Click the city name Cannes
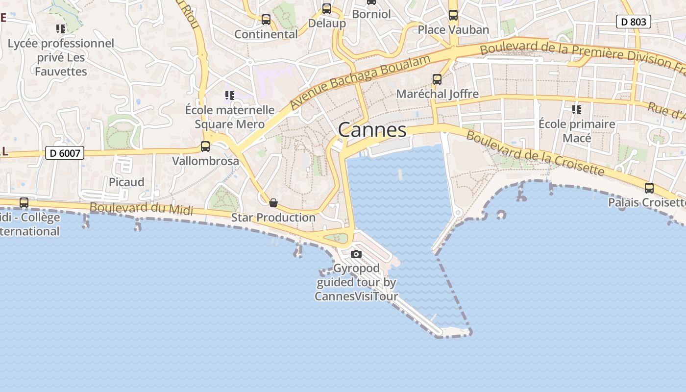tap(372, 130)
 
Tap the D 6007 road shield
tap(65, 153)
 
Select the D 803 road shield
tap(634, 22)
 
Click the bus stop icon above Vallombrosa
tap(205, 146)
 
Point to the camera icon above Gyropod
tap(356, 254)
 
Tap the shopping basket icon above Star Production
tap(273, 202)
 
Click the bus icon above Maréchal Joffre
tap(437, 79)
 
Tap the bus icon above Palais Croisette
tap(649, 188)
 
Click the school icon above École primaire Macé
tap(577, 109)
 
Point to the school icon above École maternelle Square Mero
tap(230, 95)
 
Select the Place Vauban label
tap(453, 30)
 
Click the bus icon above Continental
tap(266, 20)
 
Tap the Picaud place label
tap(126, 182)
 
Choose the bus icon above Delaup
tap(327, 9)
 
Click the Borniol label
tap(371, 14)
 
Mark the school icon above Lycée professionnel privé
tap(61, 28)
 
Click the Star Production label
tap(273, 218)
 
